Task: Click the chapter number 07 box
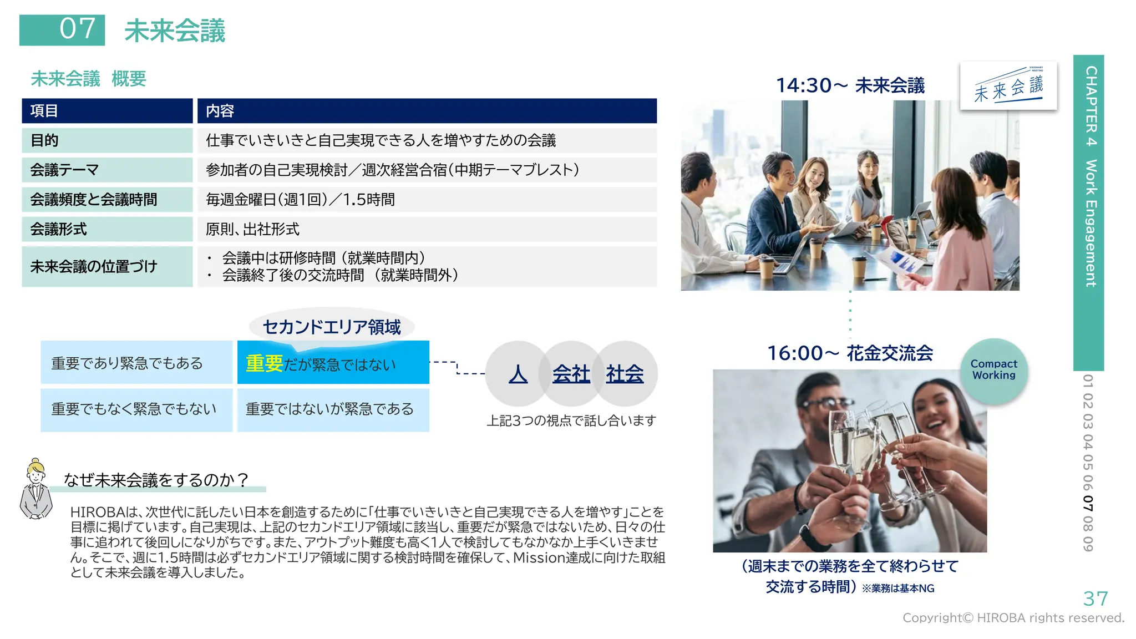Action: pos(62,30)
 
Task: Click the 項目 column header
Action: pos(107,111)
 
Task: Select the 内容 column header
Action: pos(427,111)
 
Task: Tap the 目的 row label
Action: pos(107,140)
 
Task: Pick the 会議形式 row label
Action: pos(107,229)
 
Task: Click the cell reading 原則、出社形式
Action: pos(427,229)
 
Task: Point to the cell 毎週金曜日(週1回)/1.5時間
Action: pos(427,200)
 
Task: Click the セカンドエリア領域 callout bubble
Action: pos(332,327)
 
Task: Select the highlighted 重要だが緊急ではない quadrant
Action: pos(333,363)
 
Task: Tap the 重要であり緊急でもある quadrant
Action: pos(136,363)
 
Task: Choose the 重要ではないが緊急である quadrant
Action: pos(333,410)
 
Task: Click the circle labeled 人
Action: pos(518,373)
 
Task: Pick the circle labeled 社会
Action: pos(626,373)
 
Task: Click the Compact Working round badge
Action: pos(993,370)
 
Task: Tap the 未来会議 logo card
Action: pos(1008,87)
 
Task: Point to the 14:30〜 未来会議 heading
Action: pos(850,85)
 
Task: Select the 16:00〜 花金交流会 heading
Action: pos(850,353)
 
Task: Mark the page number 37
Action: pos(1096,599)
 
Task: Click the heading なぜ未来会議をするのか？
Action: pos(156,480)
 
